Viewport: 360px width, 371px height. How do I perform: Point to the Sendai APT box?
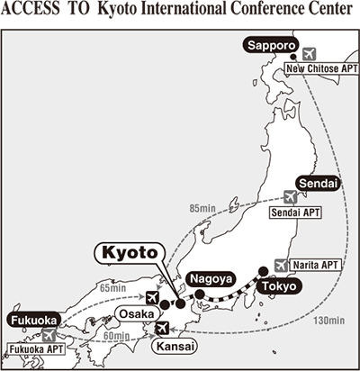[x=293, y=214]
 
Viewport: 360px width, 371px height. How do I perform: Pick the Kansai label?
[x=175, y=346]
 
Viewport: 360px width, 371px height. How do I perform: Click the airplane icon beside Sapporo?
[x=311, y=52]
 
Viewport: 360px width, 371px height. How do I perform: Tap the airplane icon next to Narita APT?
[x=283, y=266]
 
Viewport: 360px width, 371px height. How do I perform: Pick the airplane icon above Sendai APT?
[x=290, y=196]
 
